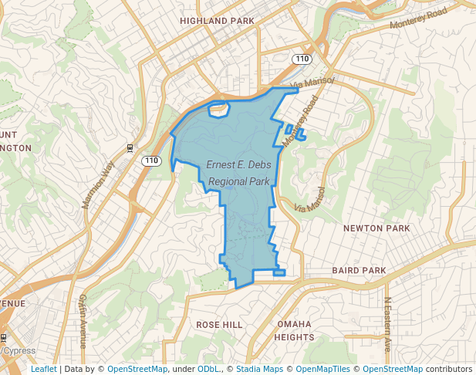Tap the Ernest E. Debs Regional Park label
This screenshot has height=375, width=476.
(x=238, y=173)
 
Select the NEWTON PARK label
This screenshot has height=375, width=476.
(x=376, y=228)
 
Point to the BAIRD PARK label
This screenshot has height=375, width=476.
(x=358, y=271)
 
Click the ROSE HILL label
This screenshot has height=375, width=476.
(x=219, y=324)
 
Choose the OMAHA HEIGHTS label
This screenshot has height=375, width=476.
(x=295, y=330)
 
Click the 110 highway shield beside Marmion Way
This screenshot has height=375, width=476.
(x=151, y=160)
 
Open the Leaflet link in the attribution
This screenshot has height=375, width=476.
(x=44, y=369)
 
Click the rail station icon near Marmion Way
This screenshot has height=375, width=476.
(x=130, y=147)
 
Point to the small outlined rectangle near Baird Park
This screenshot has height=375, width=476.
(x=279, y=272)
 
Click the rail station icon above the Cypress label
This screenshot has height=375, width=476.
(x=3, y=338)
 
